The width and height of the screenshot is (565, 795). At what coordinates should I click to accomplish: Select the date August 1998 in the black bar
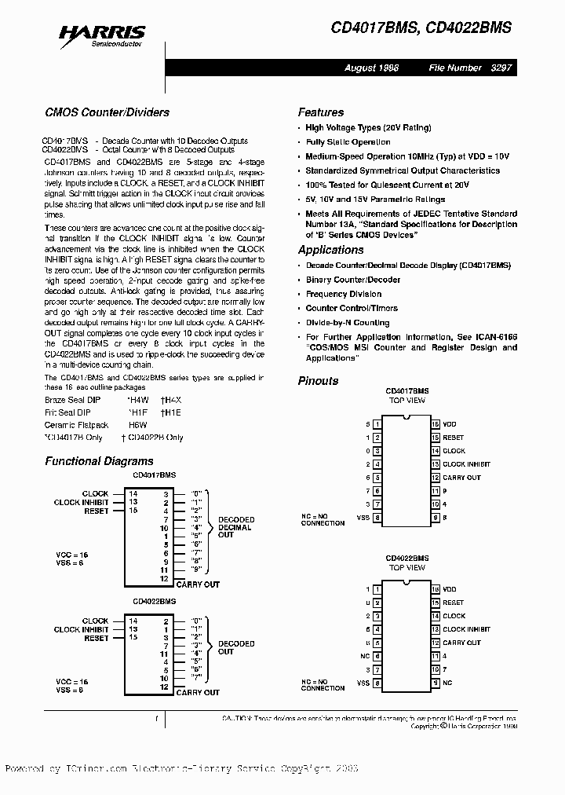point(372,68)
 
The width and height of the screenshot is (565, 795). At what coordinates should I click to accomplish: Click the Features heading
point(321,112)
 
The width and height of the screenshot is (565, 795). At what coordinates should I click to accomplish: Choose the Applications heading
point(330,250)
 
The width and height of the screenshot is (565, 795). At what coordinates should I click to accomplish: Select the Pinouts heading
point(319,381)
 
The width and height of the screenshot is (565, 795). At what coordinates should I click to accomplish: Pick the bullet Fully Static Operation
point(348,142)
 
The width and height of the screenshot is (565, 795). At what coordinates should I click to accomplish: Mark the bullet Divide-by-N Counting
point(347,323)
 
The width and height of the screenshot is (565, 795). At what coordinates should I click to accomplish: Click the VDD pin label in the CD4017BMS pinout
point(449,424)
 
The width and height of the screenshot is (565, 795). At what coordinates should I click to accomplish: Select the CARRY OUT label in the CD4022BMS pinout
point(461,643)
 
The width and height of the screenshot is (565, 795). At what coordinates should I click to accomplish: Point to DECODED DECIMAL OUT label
point(235,527)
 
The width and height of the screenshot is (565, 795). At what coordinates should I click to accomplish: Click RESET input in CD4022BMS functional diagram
point(97,639)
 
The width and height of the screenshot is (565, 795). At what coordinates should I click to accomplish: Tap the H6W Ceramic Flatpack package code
point(137,424)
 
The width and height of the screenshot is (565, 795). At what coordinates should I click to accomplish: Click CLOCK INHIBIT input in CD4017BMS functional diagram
point(82,503)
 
